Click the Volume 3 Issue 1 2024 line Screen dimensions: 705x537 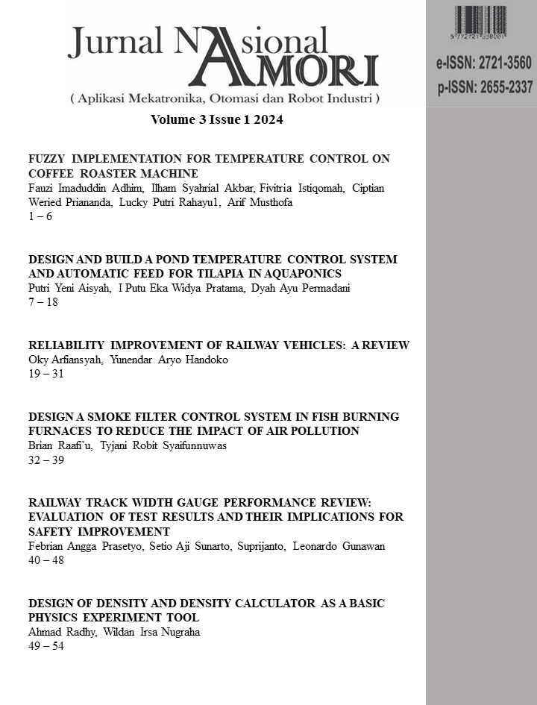coord(217,119)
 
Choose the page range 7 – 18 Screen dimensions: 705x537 coord(43,302)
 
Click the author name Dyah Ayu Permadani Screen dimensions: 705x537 coord(315,288)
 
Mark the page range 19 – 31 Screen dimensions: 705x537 coord(45,374)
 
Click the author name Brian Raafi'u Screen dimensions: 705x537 coord(60,446)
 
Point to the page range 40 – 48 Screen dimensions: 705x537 coord(45,560)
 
